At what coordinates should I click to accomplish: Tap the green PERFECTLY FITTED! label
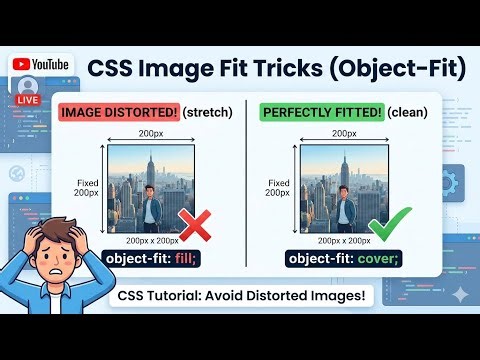[x=318, y=111]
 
